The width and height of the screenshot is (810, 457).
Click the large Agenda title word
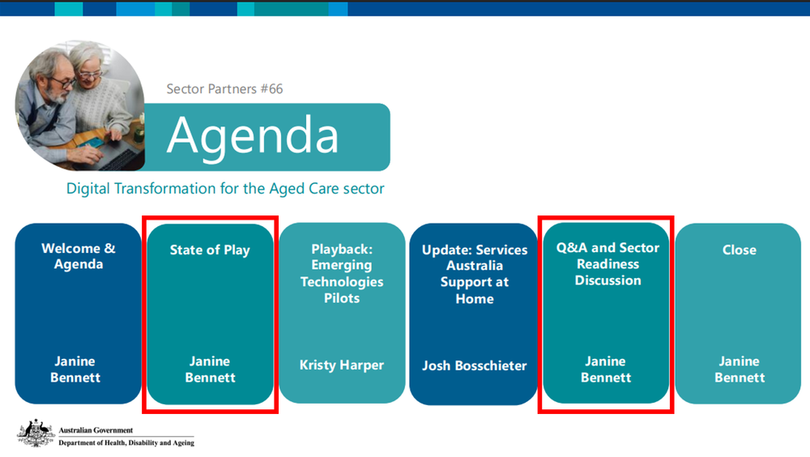(253, 135)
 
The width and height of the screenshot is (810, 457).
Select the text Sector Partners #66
(224, 89)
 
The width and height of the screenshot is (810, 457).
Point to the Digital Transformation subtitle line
(225, 189)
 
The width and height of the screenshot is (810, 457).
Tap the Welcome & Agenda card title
(79, 256)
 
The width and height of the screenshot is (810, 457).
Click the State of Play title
(210, 250)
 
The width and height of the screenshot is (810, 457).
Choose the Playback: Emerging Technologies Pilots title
(342, 273)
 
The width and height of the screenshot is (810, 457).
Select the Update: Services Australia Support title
(474, 274)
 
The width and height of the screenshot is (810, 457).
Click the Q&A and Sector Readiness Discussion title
(607, 263)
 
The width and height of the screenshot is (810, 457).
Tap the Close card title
(739, 250)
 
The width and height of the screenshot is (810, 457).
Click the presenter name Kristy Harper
(342, 365)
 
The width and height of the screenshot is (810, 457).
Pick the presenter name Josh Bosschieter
(474, 365)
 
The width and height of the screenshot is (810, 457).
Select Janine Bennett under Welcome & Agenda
(75, 369)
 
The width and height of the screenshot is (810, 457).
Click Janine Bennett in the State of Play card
(210, 369)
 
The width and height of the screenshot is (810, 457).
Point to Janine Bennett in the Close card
(739, 369)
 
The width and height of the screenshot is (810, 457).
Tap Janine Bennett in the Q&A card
(606, 369)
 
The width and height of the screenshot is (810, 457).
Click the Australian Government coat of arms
(36, 434)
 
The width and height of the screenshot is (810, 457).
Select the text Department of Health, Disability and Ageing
(126, 443)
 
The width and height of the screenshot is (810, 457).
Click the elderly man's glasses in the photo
(62, 82)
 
